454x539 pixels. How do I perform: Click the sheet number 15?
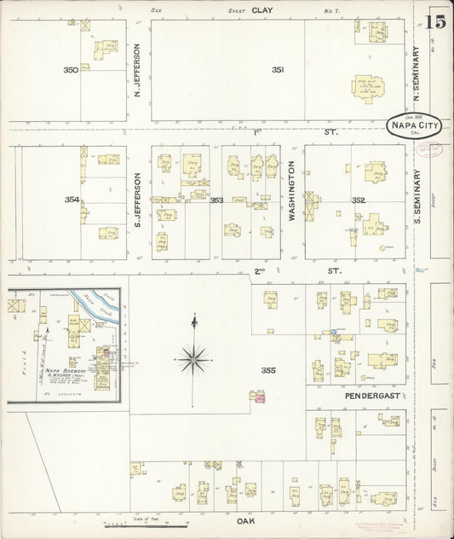point(437,23)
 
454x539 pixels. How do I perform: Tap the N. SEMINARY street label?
point(417,68)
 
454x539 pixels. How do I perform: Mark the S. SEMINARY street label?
point(418,201)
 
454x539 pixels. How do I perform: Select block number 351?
point(277,70)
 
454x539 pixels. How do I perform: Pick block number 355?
point(270,370)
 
